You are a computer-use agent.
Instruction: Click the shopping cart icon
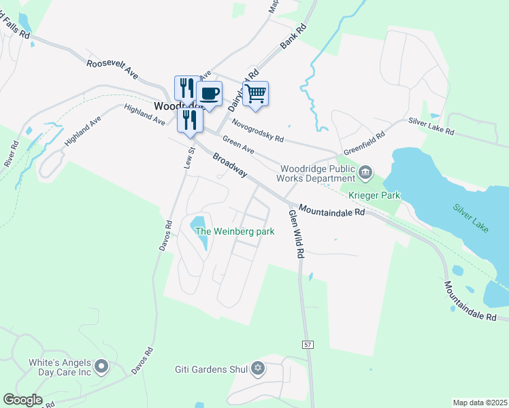point(255,93)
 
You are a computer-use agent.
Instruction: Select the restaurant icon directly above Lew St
point(190,120)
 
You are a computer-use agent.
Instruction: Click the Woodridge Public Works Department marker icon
point(366,171)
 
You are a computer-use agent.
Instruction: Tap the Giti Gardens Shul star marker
point(257,369)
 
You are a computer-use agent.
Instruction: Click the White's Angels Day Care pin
point(102,367)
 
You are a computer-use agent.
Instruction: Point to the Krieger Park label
point(374,195)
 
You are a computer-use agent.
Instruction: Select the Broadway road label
point(229,166)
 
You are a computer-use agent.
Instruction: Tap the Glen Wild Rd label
point(295,234)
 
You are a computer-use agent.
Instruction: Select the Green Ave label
point(238,145)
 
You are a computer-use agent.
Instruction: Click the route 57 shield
point(308,345)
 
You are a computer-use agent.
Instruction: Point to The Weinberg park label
point(235,231)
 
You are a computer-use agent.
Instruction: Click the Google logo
point(22,399)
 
